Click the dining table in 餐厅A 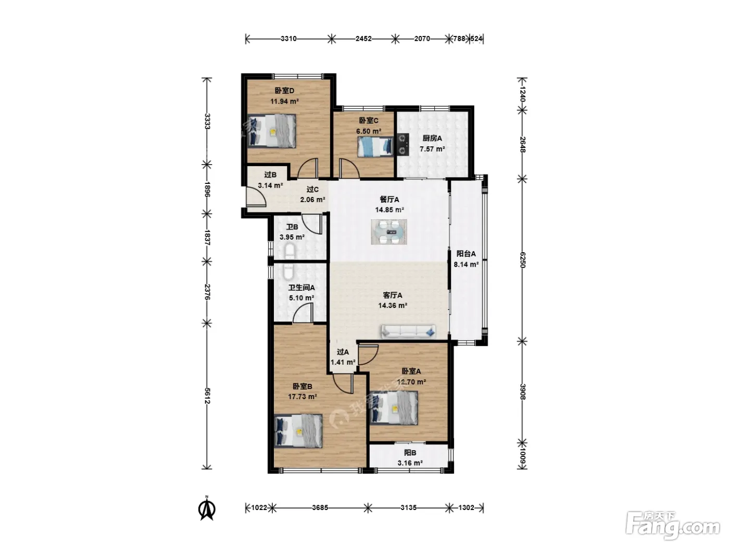point(389,232)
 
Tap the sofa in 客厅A point(409,331)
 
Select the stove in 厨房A point(403,144)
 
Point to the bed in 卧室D point(272,131)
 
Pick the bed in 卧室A point(394,407)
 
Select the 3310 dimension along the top point(288,39)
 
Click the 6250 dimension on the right point(522,260)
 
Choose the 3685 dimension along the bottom point(320,507)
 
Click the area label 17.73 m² point(302,396)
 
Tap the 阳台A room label point(466,254)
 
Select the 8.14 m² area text point(466,264)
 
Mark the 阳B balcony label point(410,452)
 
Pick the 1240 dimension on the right point(522,94)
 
